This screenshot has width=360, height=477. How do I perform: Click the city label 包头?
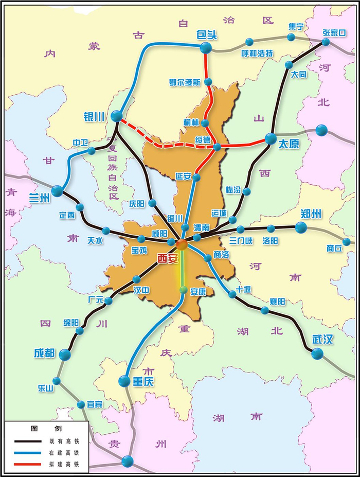coord(207,35)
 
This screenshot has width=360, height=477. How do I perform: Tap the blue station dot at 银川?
coord(117,116)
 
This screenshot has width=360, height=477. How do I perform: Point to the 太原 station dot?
coord(271,138)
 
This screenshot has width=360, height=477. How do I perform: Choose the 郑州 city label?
coord(311,214)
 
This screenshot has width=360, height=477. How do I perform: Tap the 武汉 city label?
coord(323,340)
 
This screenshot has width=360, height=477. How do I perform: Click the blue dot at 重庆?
coord(124,381)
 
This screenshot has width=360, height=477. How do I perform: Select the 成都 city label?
coord(44,354)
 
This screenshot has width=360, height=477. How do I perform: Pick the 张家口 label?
coord(334,32)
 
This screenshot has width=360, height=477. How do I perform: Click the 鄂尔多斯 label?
coord(185,82)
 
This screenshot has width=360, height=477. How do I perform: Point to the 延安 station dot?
coord(196,178)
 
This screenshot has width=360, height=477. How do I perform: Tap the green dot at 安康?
coord(183,290)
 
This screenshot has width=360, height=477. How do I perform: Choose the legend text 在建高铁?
coord(64,453)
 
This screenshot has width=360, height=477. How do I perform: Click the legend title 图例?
coord(46,429)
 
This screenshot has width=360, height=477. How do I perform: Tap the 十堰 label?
coord(244,289)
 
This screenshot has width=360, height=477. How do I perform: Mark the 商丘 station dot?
coord(346,242)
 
